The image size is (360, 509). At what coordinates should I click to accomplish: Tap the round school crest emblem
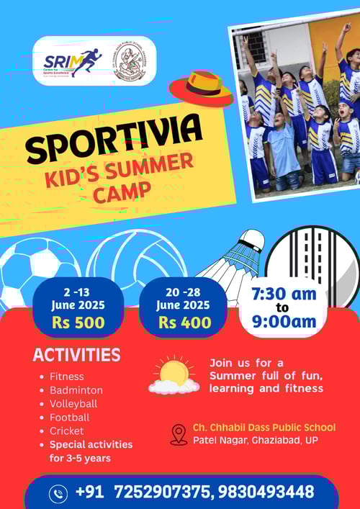pos(130,60)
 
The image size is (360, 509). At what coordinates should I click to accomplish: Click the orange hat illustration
pos(201,88)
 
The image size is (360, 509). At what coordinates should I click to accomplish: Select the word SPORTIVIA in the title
pos(114,140)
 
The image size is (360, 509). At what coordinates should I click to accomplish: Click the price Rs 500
pos(78,323)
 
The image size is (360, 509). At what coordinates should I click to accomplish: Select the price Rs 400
pos(184,323)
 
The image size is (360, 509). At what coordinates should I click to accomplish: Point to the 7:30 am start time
pos(283,294)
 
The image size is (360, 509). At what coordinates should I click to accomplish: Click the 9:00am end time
pos(283,323)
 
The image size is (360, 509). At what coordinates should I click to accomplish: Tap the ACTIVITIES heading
pos(76,355)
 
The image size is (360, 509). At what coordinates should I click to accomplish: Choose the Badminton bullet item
pos(76,389)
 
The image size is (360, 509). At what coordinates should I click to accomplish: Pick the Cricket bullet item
pos(67,431)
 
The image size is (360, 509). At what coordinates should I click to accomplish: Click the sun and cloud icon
pos(174,376)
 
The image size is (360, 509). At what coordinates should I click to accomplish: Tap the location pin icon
pos(178,434)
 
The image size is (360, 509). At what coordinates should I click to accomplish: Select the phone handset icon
pos(58,493)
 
